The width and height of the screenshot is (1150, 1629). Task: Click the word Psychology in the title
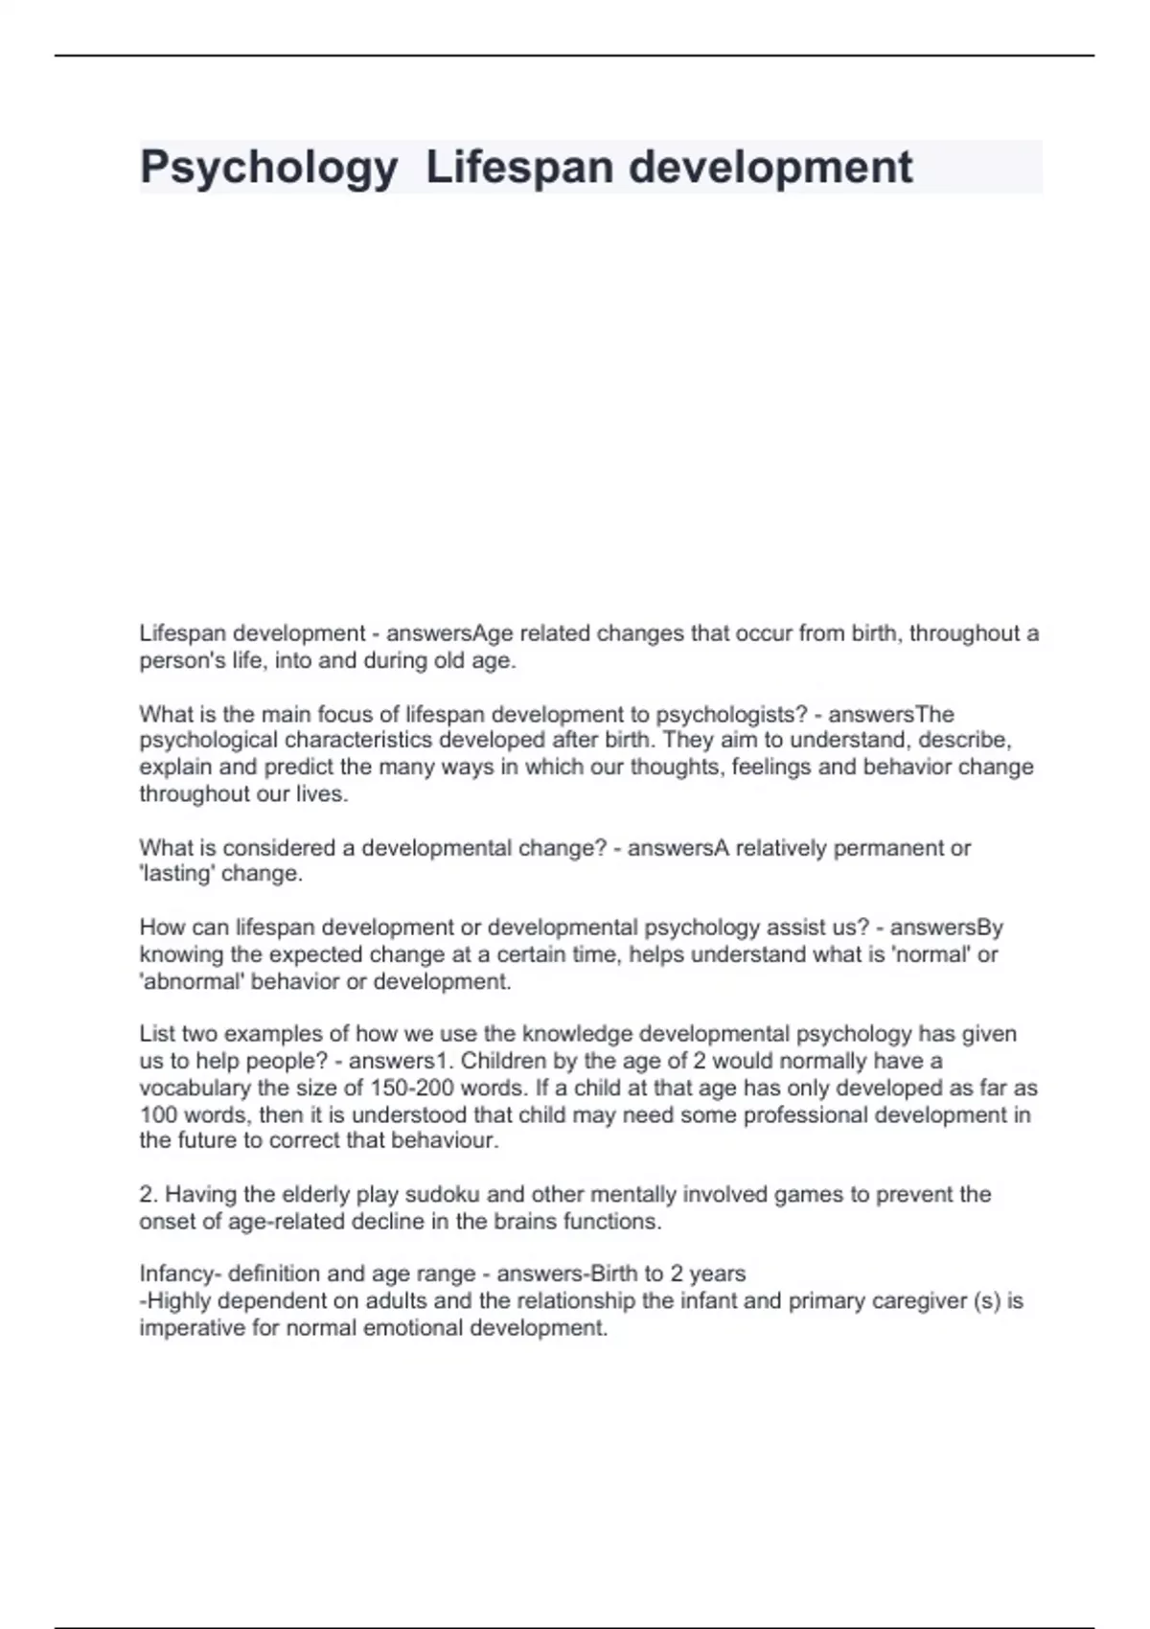(268, 168)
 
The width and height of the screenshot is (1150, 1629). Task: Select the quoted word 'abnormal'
(192, 981)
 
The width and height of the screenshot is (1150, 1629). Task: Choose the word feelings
(776, 768)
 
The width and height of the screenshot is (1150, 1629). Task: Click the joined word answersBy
(946, 928)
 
